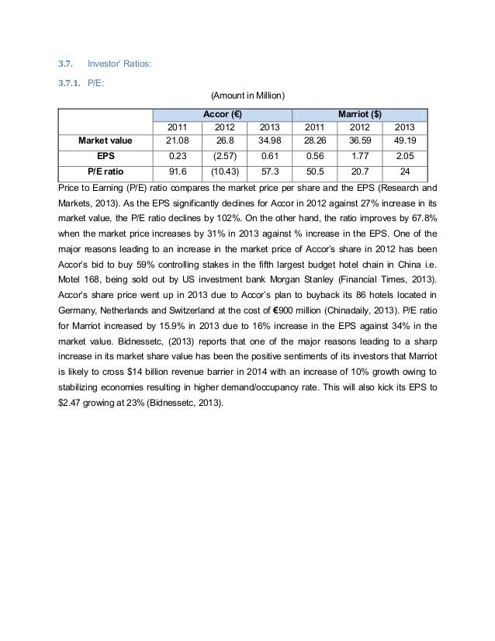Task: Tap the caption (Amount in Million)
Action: point(248,95)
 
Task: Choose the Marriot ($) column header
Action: point(359,113)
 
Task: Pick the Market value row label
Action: point(106,140)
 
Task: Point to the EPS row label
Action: point(106,155)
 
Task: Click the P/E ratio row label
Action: point(106,170)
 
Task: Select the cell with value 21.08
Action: point(179,140)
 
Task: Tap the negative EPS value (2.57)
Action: point(224,155)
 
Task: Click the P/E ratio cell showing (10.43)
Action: point(224,170)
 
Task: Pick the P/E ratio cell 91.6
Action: point(179,170)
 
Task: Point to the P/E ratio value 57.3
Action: point(269,170)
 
